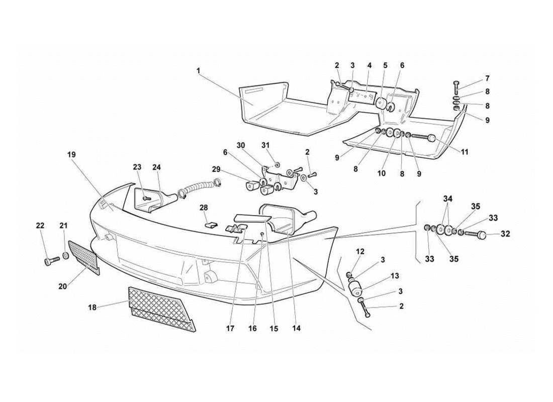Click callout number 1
[x=199, y=71]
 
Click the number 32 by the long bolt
[x=505, y=234]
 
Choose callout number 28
[x=204, y=208]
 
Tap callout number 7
[x=487, y=78]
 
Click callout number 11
[x=465, y=152]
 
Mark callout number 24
[x=157, y=167]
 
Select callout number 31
[x=265, y=146]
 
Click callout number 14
[x=296, y=329]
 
